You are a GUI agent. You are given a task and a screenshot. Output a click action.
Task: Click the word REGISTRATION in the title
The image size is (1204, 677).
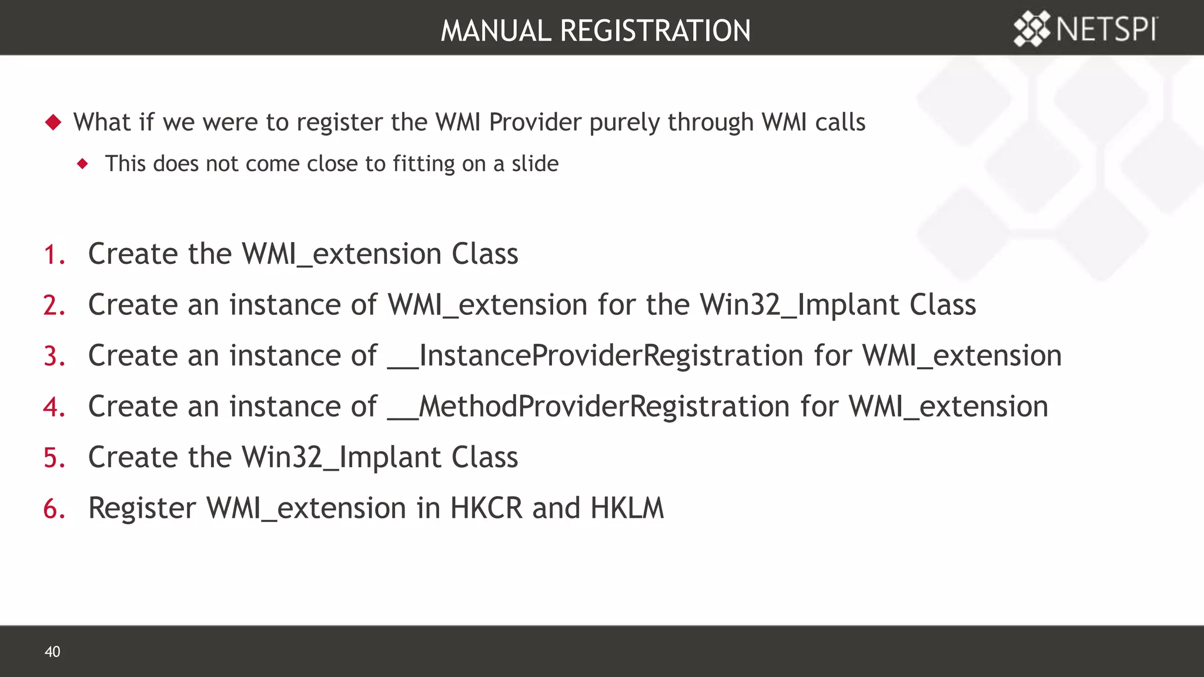[x=655, y=31]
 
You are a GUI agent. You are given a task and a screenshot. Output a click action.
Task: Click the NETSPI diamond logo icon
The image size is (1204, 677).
[x=1032, y=29]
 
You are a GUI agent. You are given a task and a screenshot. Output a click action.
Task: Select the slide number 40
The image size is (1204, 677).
[x=52, y=651]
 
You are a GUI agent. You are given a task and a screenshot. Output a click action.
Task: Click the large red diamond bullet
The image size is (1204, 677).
[x=53, y=122]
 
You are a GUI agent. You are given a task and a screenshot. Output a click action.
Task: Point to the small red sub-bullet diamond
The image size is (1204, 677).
[x=83, y=163]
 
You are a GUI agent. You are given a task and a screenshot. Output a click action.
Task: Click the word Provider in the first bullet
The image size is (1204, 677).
[x=535, y=122]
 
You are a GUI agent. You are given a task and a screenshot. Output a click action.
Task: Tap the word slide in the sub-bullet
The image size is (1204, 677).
[x=534, y=163]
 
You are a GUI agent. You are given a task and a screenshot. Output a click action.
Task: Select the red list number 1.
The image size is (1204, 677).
[x=54, y=254]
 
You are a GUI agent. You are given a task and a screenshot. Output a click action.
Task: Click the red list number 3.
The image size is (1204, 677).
[x=54, y=356]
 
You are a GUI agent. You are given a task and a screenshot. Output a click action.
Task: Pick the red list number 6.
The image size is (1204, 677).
[x=54, y=508]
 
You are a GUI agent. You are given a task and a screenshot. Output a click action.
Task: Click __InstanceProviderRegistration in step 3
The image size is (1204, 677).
[x=595, y=356]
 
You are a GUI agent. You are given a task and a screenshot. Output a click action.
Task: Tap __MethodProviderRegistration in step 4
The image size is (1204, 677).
[x=588, y=407]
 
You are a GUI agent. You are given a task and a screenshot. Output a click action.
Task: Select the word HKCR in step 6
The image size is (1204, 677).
[x=486, y=508]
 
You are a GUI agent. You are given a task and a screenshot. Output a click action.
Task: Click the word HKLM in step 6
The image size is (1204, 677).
[x=627, y=508]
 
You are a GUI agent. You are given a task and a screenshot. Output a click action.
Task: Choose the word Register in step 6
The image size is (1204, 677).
[x=142, y=508]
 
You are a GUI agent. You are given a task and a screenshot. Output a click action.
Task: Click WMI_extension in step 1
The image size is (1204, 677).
[x=341, y=254]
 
